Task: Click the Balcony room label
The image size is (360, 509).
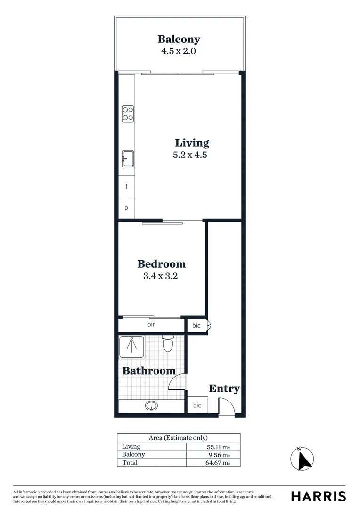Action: pos(179,39)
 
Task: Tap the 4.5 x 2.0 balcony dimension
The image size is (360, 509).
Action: pos(179,50)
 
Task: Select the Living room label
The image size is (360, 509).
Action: pos(192,143)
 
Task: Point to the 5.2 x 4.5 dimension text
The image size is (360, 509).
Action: pos(190,155)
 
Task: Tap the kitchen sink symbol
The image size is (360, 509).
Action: pos(128,158)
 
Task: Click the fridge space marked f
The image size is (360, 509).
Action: pos(126,187)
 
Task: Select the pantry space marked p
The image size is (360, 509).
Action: pos(126,208)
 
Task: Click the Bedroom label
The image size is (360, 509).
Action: pos(161,264)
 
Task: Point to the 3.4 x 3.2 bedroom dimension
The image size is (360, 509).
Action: pos(160,276)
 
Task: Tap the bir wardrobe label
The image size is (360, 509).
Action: pos(151,324)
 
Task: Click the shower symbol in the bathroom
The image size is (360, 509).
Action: pos(131,347)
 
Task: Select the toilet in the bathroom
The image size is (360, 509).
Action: pos(168,344)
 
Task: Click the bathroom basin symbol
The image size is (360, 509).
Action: pos(151,405)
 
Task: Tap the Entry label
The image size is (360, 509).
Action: pos(224,389)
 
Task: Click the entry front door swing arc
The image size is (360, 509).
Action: pos(226,406)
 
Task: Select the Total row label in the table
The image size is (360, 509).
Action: pos(130,463)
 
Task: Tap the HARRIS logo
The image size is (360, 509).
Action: pos(318,496)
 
